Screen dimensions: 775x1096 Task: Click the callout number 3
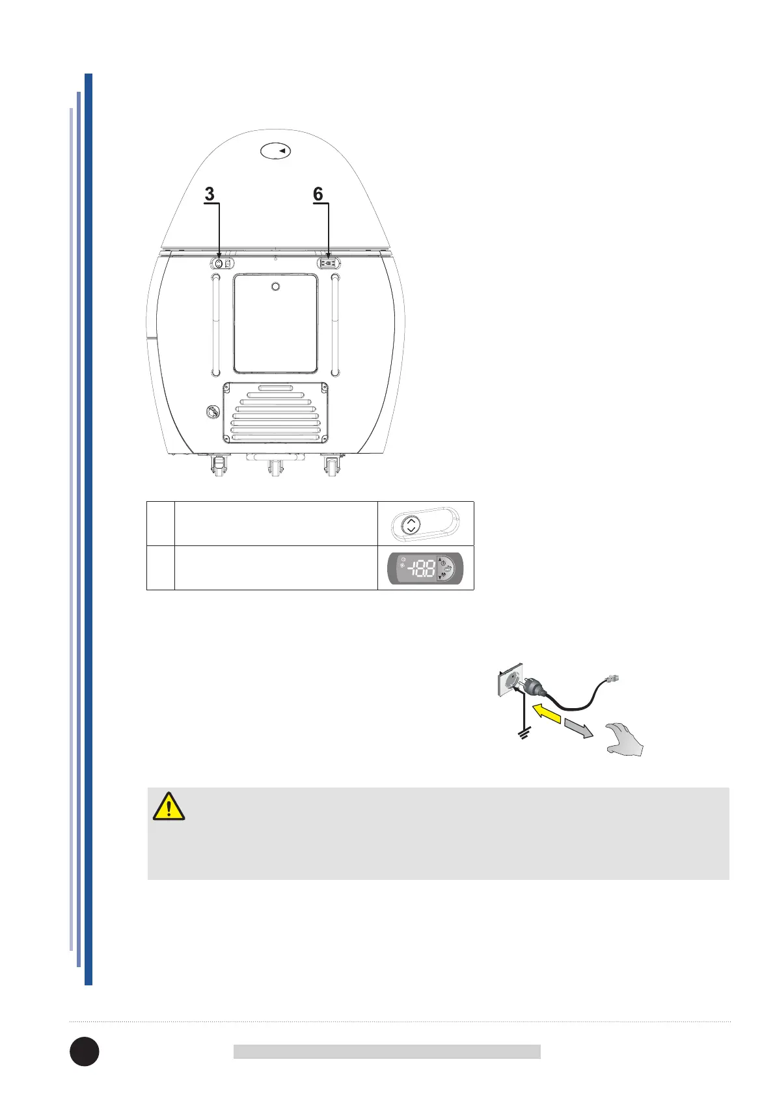pyautogui.click(x=210, y=194)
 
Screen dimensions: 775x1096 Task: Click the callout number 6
pyautogui.click(x=318, y=194)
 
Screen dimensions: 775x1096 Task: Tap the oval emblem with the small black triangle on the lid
pyautogui.click(x=275, y=151)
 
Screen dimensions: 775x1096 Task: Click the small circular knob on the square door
pyautogui.click(x=275, y=287)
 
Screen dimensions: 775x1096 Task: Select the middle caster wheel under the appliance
pyautogui.click(x=275, y=468)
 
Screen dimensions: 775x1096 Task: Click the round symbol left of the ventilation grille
pyautogui.click(x=213, y=411)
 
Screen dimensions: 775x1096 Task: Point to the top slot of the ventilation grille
pyautogui.click(x=275, y=388)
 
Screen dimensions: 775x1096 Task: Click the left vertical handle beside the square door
pyautogui.click(x=215, y=325)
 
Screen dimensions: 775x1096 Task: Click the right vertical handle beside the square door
pyautogui.click(x=335, y=325)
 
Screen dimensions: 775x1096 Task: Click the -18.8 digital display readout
pyautogui.click(x=422, y=568)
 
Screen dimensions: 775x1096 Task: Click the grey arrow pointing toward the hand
pyautogui.click(x=578, y=728)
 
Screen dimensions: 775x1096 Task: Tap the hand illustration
pyautogui.click(x=623, y=740)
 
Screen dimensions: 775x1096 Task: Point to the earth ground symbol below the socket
pyautogui.click(x=521, y=735)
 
